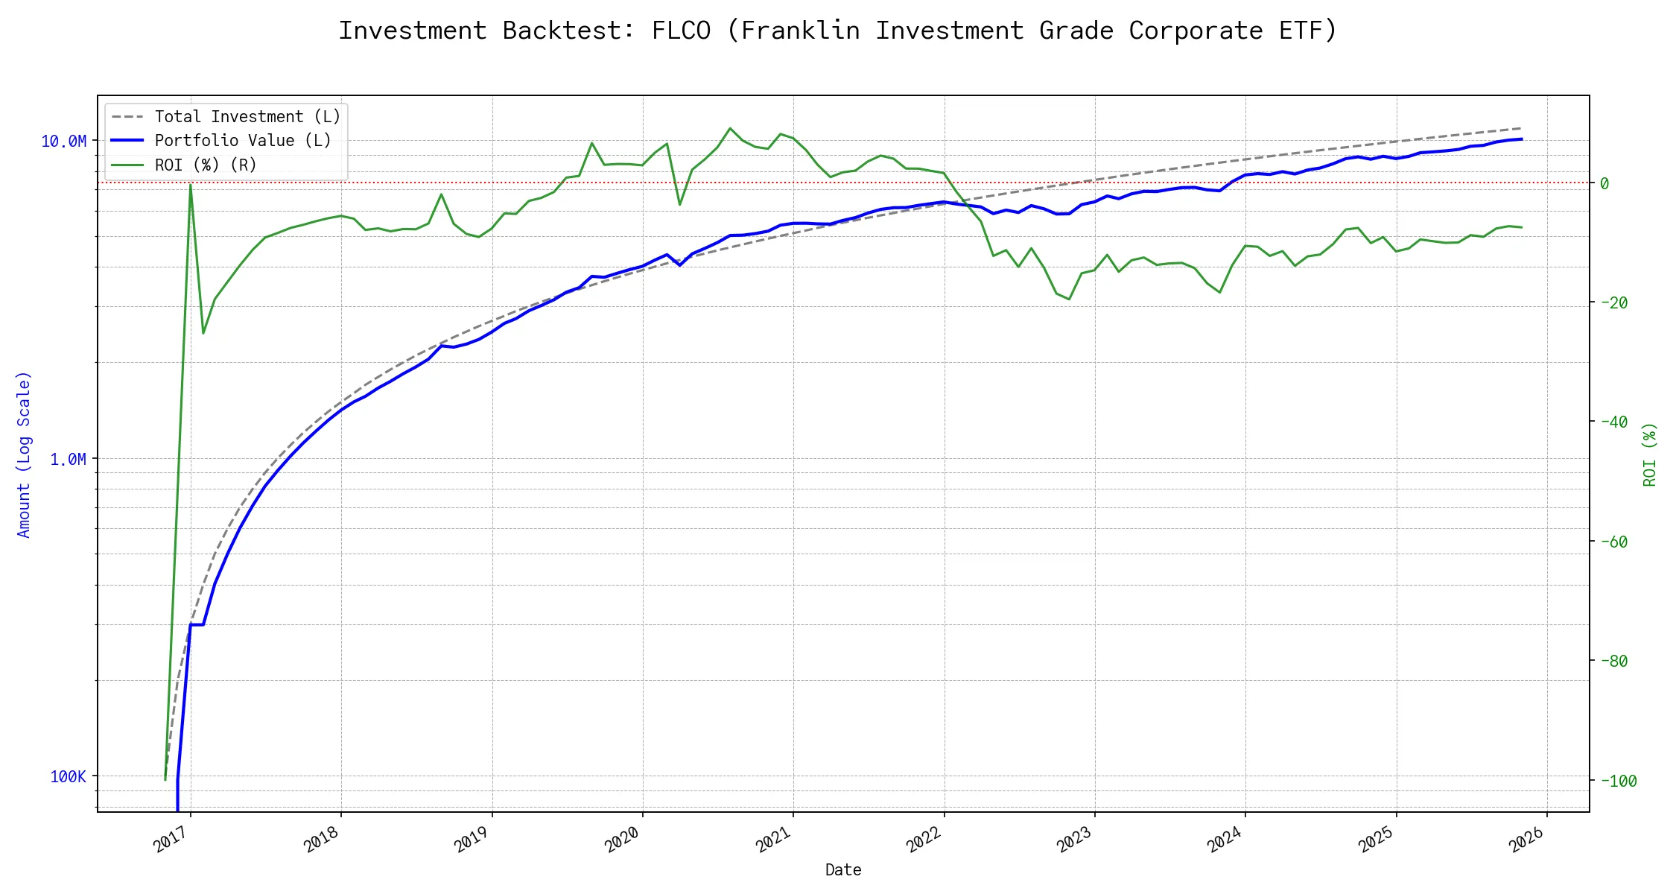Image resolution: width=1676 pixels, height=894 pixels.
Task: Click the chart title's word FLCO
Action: pyautogui.click(x=681, y=31)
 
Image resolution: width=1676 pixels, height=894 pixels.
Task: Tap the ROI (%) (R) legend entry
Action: pyautogui.click(x=206, y=165)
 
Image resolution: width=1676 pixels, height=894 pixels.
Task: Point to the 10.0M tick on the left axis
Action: pyautogui.click(x=64, y=142)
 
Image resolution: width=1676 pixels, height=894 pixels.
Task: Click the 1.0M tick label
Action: pyautogui.click(x=69, y=460)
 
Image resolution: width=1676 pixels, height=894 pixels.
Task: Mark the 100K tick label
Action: pyautogui.click(x=69, y=777)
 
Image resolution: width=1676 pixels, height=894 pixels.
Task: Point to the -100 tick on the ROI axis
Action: pyautogui.click(x=1618, y=781)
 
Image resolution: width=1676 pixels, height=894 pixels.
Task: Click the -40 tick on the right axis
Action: pyautogui.click(x=1613, y=422)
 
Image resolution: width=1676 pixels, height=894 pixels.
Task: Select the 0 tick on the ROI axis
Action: pyautogui.click(x=1604, y=183)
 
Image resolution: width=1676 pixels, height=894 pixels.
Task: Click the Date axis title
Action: pyautogui.click(x=843, y=870)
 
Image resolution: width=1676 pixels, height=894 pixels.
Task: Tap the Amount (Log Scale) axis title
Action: pyautogui.click(x=24, y=454)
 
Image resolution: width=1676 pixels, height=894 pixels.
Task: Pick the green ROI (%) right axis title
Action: pyautogui.click(x=1650, y=454)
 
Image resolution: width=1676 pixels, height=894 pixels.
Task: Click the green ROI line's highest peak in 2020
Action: pyautogui.click(x=730, y=128)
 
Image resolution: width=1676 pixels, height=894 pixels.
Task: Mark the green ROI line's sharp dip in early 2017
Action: pyautogui.click(x=203, y=332)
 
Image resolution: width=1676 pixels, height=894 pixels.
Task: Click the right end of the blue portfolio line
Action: pyautogui.click(x=1521, y=139)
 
